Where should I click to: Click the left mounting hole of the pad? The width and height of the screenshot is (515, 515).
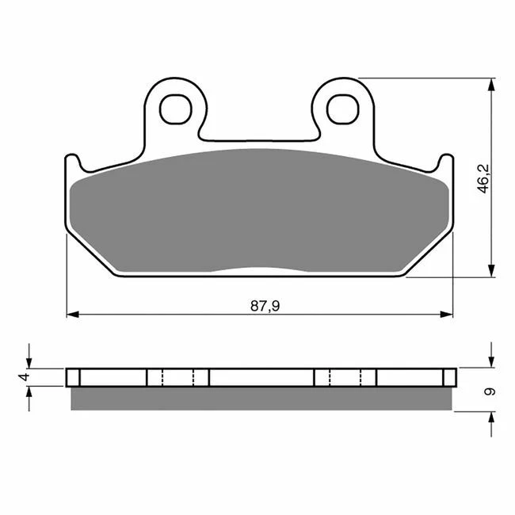pyautogui.click(x=175, y=109)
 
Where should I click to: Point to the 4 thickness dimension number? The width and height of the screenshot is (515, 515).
pyautogui.click(x=25, y=377)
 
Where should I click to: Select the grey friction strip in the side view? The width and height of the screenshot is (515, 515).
pyautogui.click(x=263, y=398)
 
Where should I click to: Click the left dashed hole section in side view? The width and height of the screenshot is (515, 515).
pyautogui.click(x=177, y=377)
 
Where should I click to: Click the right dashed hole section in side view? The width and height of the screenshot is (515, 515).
pyautogui.click(x=345, y=377)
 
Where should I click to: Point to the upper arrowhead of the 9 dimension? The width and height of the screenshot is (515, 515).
pyautogui.click(x=491, y=361)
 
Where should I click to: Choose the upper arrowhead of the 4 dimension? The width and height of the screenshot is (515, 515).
pyautogui.click(x=30, y=361)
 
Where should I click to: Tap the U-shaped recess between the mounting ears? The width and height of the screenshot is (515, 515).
pyautogui.click(x=259, y=139)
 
